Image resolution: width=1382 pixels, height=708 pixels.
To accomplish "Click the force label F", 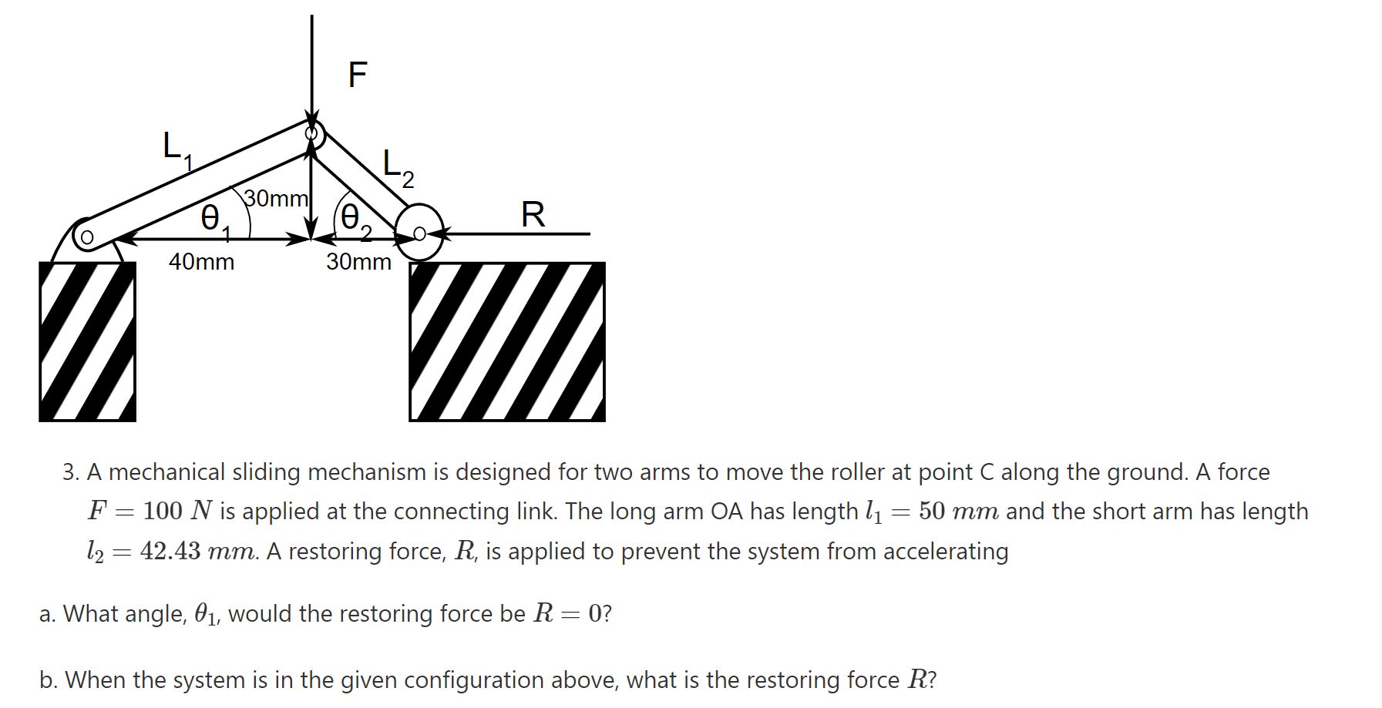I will [358, 75].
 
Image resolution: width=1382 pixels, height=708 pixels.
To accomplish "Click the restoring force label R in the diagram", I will [533, 214].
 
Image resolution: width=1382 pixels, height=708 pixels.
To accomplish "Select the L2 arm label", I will [398, 169].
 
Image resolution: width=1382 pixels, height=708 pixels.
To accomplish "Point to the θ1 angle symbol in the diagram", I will [213, 219].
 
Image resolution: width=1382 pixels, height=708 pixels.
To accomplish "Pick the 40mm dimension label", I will [201, 262].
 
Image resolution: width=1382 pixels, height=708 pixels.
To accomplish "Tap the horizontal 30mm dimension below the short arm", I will [358, 262].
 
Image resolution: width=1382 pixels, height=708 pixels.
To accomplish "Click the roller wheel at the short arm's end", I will [419, 233].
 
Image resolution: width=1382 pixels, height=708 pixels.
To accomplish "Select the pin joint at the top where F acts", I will [312, 134].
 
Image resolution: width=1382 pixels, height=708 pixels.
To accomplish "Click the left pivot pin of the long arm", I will [87, 237].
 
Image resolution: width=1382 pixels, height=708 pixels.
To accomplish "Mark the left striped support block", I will [87, 341].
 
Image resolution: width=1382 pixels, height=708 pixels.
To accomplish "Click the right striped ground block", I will [506, 341].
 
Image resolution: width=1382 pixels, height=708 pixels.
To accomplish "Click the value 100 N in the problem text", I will [178, 511].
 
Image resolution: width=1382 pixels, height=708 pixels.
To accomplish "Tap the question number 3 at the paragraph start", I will [70, 471].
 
